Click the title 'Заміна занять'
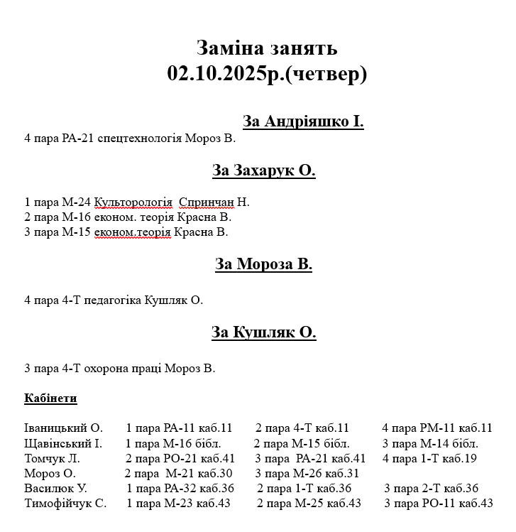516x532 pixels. pos(266,48)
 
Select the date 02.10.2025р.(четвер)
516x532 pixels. pos(267,73)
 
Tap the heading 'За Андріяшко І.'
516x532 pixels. pos(303,121)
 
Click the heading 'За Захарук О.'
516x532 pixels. pos(263,170)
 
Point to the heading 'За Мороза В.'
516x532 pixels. pos(263,265)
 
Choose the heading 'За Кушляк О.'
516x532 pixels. pos(263,332)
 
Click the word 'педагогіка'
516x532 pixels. pos(104,300)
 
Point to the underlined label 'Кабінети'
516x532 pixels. pos(50,398)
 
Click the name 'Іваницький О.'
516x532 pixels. pos(63,428)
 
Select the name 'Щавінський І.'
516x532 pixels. pos(62,443)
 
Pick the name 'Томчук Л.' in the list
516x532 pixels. pos(52,458)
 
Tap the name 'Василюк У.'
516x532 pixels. pos(55,488)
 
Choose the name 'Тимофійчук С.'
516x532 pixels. pos(65,503)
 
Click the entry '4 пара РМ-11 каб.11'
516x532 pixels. pos(437,428)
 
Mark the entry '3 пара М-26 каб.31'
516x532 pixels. pos(307,473)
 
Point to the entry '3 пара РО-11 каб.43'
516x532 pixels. pos(438,503)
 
